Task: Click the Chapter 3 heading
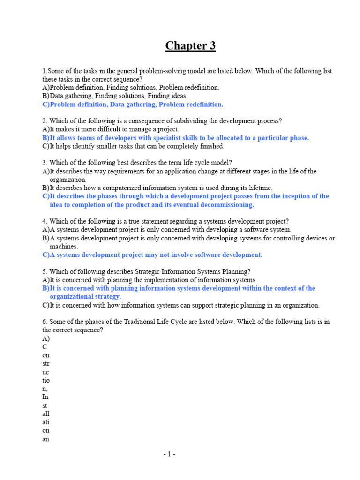click(190, 46)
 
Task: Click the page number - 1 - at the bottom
click(169, 454)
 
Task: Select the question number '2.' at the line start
click(45, 121)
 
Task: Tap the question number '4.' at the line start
click(45, 221)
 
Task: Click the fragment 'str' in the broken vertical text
click(46, 363)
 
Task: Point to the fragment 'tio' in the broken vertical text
click(46, 380)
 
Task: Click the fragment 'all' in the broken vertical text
click(46, 414)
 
